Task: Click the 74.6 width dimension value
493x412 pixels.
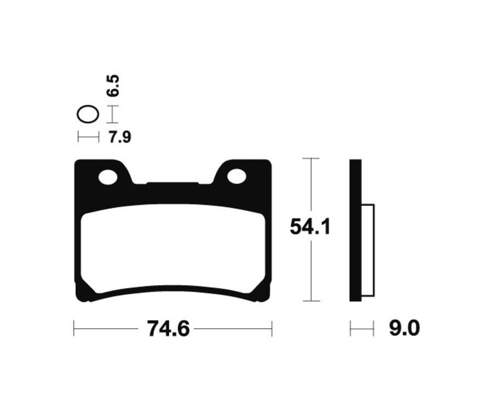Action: [168, 329]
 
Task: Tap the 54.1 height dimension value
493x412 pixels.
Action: [310, 227]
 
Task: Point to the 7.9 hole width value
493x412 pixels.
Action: [119, 137]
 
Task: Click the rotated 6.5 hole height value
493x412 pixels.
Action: [113, 87]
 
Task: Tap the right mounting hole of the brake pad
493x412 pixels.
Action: [237, 176]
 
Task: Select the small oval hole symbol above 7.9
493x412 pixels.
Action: [88, 115]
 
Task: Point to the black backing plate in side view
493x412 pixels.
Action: [356, 230]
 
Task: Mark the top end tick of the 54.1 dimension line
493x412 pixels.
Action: [311, 158]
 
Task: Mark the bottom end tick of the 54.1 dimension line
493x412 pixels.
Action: [311, 301]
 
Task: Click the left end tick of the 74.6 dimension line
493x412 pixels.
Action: [74, 329]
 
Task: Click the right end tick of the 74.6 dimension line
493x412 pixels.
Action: [272, 329]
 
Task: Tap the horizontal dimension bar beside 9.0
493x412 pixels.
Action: [362, 329]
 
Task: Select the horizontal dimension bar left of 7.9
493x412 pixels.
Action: [88, 137]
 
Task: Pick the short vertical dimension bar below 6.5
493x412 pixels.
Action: [112, 115]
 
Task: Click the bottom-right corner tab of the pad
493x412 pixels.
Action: [263, 293]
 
